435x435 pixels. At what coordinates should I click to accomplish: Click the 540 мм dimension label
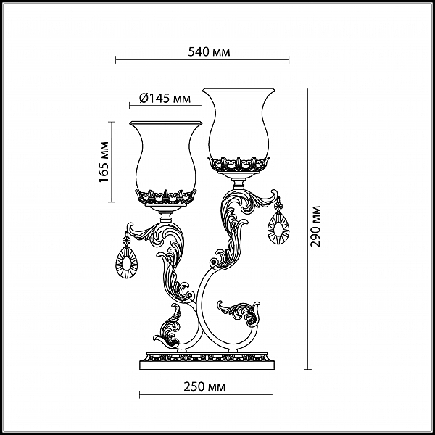click(209, 52)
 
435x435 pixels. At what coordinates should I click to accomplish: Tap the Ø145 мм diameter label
click(165, 98)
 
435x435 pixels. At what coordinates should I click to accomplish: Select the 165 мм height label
click(104, 162)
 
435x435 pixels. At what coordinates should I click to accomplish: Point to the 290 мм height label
click(315, 226)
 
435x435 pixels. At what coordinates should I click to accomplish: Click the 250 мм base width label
click(204, 386)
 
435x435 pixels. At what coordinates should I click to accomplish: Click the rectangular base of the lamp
click(207, 361)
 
